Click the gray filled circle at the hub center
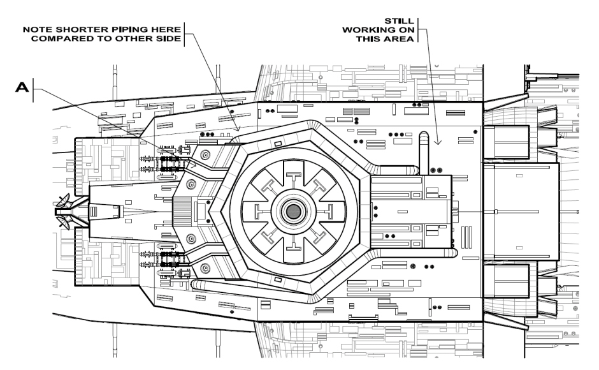pyautogui.click(x=294, y=211)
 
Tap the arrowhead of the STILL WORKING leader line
pyautogui.click(x=437, y=145)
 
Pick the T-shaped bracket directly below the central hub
pyautogui.click(x=294, y=246)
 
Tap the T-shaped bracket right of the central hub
pyautogui.click(x=329, y=211)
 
